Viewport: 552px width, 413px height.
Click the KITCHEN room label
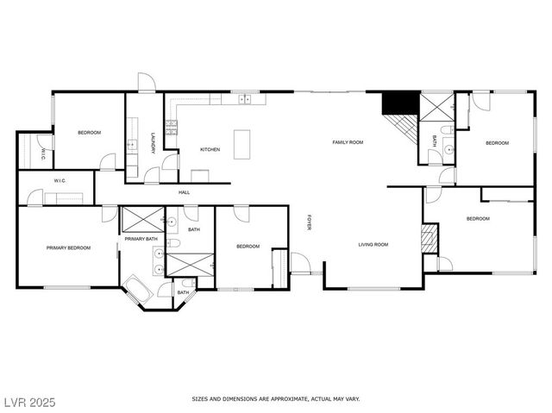click(x=210, y=149)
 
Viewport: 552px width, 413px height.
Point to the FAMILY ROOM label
click(x=348, y=141)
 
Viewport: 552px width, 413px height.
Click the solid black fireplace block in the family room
click(x=398, y=102)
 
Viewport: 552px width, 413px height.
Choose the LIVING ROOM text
click(x=373, y=245)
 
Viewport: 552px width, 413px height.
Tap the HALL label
click(x=185, y=192)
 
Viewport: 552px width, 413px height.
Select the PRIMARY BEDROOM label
click(x=68, y=248)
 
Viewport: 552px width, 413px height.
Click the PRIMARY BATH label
click(x=140, y=239)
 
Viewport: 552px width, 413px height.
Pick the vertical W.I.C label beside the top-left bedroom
click(x=42, y=155)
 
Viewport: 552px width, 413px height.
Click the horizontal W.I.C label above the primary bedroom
click(x=60, y=181)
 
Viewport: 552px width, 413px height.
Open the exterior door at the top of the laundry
click(x=147, y=83)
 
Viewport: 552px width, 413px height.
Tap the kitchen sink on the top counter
click(x=245, y=99)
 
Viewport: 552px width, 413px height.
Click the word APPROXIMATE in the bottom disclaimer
click(x=288, y=399)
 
